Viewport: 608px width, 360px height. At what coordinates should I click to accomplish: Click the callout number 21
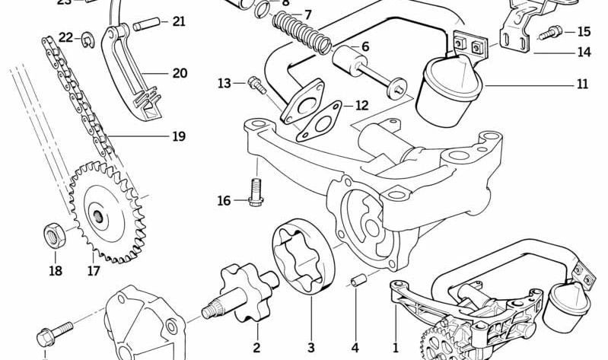[178, 21]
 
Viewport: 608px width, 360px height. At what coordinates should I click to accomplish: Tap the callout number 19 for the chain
[178, 137]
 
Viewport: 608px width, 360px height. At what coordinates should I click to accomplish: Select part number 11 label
[582, 84]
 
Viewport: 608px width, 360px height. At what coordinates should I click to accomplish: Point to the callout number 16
[224, 201]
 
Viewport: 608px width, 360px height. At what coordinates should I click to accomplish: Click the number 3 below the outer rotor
[310, 348]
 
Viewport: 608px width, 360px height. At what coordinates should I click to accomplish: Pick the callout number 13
[224, 82]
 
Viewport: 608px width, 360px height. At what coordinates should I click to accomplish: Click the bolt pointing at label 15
[551, 33]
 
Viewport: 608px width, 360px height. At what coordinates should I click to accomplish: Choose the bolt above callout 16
[256, 190]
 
